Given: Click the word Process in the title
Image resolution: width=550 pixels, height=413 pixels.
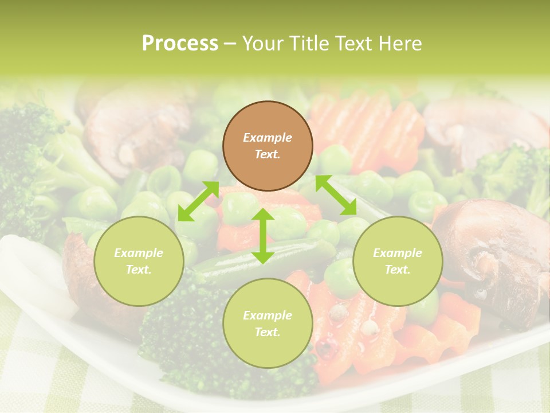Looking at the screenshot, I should [180, 44].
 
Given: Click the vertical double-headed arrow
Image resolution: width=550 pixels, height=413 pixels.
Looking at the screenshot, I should [263, 236].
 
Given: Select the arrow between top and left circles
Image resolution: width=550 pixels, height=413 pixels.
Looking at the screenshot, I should [198, 201].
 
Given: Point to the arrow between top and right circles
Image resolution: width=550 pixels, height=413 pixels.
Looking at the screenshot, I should [336, 195].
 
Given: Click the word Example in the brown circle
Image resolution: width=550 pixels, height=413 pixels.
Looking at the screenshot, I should [268, 138].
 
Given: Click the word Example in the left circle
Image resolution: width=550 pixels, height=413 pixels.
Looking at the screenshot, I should [139, 253].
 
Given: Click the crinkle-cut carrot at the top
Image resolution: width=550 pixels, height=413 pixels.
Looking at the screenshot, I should [367, 126].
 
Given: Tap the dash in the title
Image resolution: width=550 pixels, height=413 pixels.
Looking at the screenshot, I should [230, 44].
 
